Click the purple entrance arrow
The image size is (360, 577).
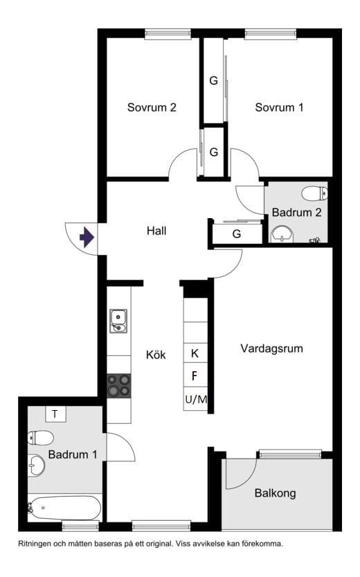coord(87,238)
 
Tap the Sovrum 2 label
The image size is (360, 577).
coord(152,107)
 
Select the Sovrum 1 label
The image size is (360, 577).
coord(279,107)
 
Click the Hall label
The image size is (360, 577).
coord(156,231)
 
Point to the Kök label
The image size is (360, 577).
coord(156,355)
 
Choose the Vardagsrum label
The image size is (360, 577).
coord(272,348)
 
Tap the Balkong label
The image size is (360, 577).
coord(275,493)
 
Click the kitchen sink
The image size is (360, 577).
coord(118,321)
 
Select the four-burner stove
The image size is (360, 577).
coord(119,386)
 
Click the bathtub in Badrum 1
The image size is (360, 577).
coord(64,508)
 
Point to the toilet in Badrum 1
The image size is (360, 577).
coord(41,438)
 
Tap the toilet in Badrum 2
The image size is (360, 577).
coord(314,193)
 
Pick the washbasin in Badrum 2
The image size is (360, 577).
coord(282,234)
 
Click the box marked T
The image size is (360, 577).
coord(55,414)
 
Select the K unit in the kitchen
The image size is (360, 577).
coord(195,353)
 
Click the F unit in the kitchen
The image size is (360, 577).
coord(195,375)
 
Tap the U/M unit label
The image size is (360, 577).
coord(197,399)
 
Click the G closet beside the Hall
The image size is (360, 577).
coord(237,233)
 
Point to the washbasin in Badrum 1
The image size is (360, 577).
coord(36,465)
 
